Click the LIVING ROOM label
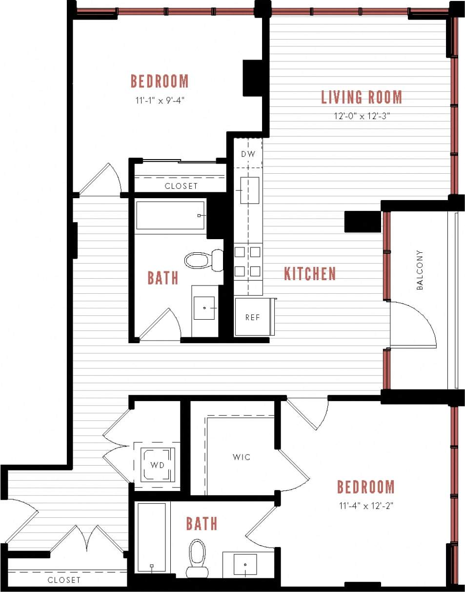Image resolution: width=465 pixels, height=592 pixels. pyautogui.click(x=361, y=97)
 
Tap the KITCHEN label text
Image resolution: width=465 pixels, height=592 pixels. pyautogui.click(x=310, y=274)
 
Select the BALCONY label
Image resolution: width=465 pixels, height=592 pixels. pyautogui.click(x=420, y=270)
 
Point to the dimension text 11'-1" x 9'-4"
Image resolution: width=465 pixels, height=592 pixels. pyautogui.click(x=160, y=101)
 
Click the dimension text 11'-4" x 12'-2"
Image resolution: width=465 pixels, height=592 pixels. pyautogui.click(x=365, y=506)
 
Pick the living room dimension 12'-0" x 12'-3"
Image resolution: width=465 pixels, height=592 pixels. pyautogui.click(x=361, y=117)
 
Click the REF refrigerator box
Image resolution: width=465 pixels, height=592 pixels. pyautogui.click(x=252, y=317)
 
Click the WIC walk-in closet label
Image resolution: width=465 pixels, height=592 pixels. pyautogui.click(x=242, y=457)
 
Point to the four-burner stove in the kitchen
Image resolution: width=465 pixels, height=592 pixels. pyautogui.click(x=248, y=262)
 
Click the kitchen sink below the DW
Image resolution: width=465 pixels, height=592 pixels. pyautogui.click(x=249, y=190)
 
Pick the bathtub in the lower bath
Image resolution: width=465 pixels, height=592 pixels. pyautogui.click(x=151, y=537)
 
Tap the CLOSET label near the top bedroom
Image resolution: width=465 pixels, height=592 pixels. pyautogui.click(x=181, y=186)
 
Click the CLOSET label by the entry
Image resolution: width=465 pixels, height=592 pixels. pyautogui.click(x=64, y=580)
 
